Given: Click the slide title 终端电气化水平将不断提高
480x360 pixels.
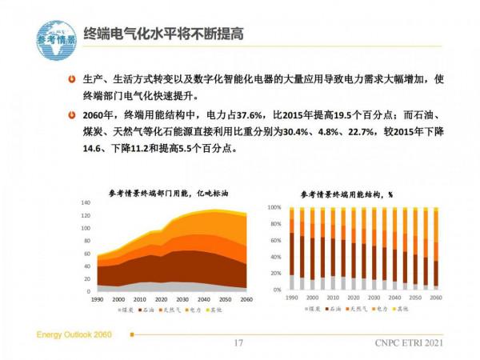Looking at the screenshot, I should pos(164,34).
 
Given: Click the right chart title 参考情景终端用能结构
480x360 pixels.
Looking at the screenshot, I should pos(346,194).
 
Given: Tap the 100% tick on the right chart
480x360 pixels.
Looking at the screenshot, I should pos(274,207).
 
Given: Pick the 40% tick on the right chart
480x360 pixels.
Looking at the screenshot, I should pos(275,257).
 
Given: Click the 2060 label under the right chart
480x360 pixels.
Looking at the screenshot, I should pos(435,298).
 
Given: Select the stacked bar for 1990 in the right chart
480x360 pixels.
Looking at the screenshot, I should pos(292,249).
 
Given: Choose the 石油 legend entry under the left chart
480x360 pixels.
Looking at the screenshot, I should pos(149,308).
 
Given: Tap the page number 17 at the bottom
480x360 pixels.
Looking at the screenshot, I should pos(238,343).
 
